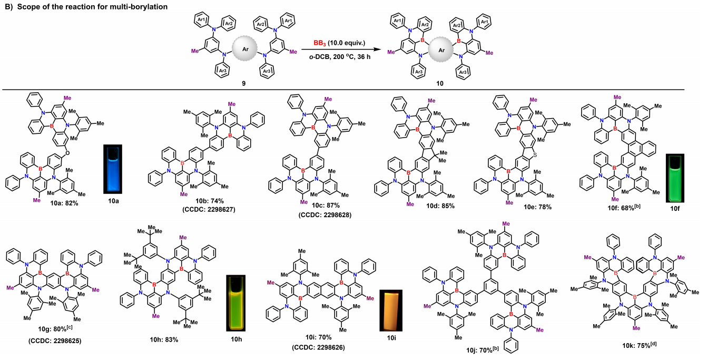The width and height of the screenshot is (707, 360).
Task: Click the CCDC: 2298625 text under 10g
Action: click(x=50, y=348)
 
